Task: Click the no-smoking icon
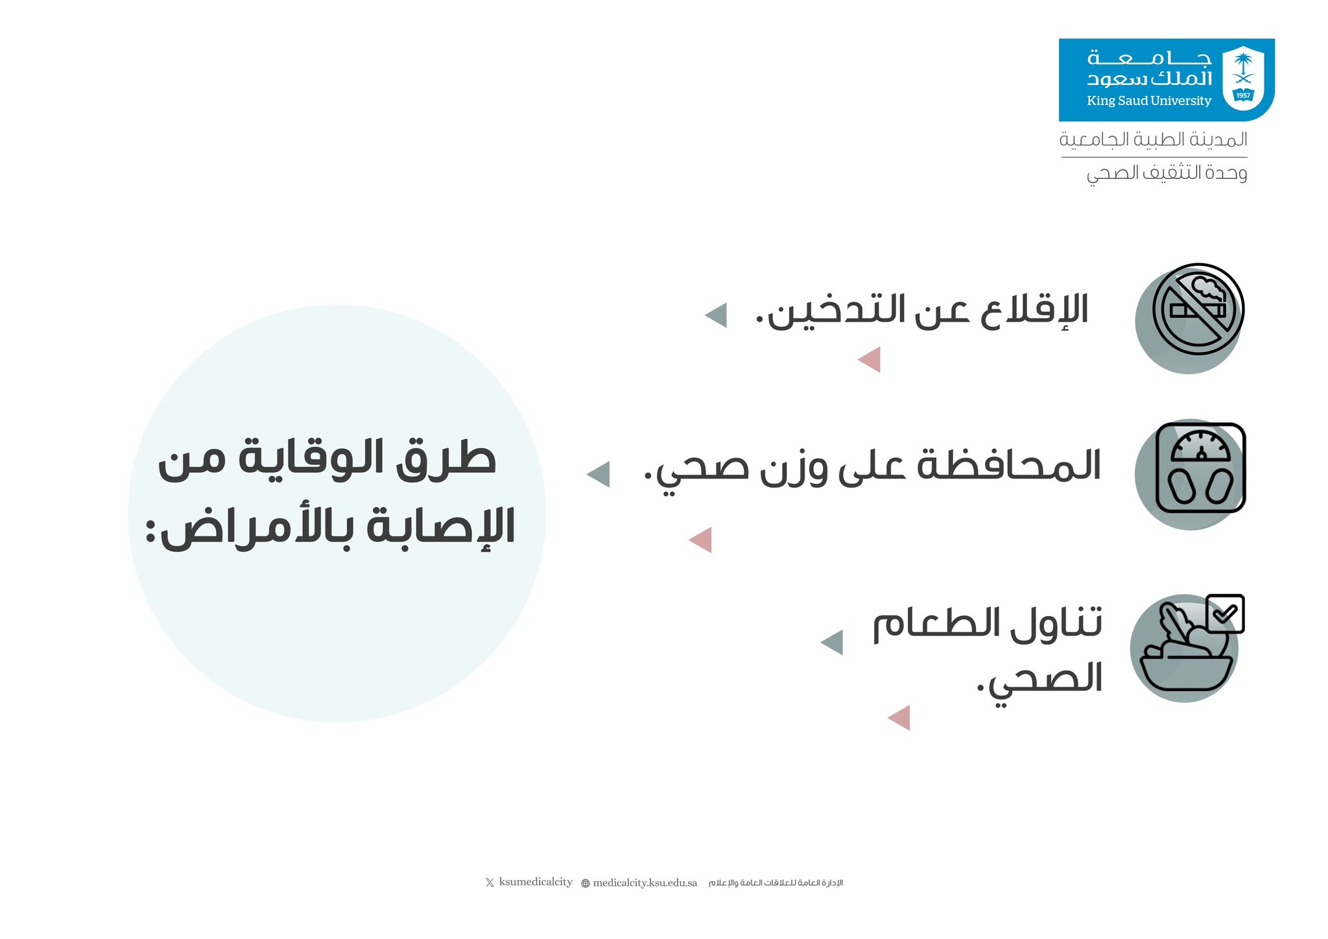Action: (x=1198, y=309)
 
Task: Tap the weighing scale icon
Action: (x=1201, y=468)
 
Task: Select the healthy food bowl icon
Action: (x=1186, y=648)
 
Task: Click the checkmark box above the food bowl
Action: (x=1225, y=613)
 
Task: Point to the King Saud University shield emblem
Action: (x=1243, y=78)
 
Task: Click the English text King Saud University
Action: (x=1149, y=101)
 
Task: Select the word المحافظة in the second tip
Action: (x=1009, y=466)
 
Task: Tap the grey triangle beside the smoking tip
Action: (x=716, y=315)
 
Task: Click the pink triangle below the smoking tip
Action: (x=869, y=359)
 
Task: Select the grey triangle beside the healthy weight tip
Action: (x=598, y=474)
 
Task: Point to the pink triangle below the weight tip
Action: (x=700, y=540)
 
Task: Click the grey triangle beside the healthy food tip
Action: (x=832, y=642)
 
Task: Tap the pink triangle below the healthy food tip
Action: (x=899, y=718)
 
